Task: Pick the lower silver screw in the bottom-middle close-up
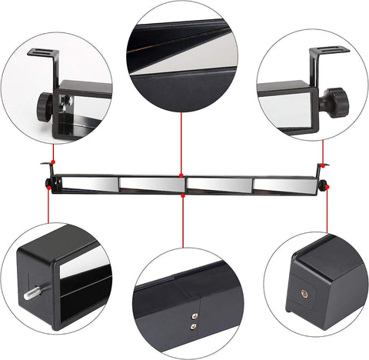pos(193,325)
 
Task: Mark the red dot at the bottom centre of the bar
pos(183,195)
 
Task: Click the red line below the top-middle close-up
pos(181,146)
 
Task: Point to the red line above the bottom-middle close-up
pos(183,223)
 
